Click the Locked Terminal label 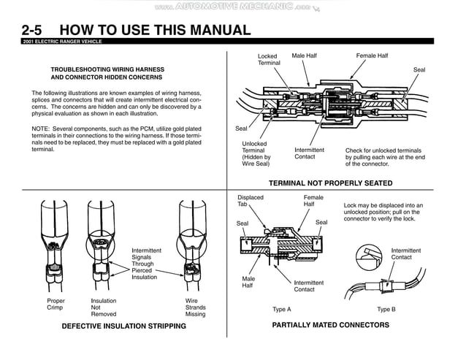(x=269, y=60)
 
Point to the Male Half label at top (x=308, y=56)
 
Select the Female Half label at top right (x=372, y=56)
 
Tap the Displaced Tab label (x=251, y=201)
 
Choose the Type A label (x=281, y=310)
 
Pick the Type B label (x=386, y=310)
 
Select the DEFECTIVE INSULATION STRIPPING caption (x=124, y=326)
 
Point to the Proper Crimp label (x=56, y=305)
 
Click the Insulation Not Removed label (x=104, y=307)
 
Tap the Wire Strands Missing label (x=196, y=307)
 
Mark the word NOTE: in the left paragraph (x=40, y=129)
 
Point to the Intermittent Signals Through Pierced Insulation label (x=146, y=264)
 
